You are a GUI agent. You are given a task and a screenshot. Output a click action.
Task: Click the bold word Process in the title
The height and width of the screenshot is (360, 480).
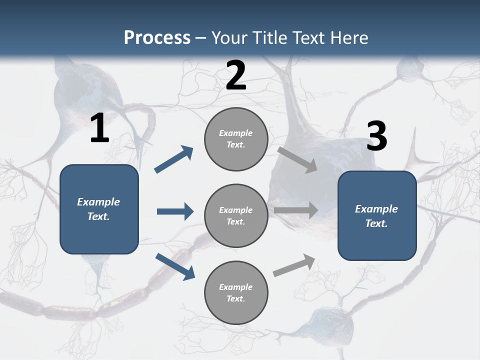tap(157, 38)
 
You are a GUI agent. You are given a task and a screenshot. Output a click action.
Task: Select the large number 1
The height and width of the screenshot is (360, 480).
tap(99, 128)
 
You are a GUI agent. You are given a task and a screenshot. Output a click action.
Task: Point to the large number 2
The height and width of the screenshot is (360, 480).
tap(236, 75)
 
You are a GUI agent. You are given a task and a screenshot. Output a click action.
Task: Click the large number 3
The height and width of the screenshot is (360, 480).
tap(376, 136)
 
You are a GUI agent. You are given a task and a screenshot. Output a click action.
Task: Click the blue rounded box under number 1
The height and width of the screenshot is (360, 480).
tap(99, 209)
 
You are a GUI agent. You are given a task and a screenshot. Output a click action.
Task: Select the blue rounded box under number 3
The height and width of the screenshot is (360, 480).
tap(377, 216)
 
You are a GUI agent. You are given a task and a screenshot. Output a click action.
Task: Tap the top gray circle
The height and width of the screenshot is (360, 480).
tap(236, 139)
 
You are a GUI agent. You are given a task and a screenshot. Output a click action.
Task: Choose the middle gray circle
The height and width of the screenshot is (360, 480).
tap(236, 215)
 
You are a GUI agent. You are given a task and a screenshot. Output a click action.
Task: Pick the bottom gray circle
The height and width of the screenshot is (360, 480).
tap(236, 292)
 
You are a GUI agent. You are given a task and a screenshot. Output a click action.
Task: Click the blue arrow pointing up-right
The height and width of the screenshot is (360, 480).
tap(174, 159)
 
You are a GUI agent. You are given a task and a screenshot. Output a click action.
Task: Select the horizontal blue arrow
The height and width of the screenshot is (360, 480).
tap(175, 211)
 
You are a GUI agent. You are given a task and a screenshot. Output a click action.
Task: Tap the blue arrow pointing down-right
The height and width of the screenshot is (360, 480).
tap(175, 266)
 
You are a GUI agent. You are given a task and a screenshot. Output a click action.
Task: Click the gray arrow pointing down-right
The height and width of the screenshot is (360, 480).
tap(297, 159)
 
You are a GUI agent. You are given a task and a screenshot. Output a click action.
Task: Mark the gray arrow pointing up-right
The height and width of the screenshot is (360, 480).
tap(294, 265)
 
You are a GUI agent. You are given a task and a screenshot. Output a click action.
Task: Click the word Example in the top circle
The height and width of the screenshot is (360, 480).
tap(236, 133)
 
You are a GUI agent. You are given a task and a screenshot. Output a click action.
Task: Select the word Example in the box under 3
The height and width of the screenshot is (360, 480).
tap(376, 209)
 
